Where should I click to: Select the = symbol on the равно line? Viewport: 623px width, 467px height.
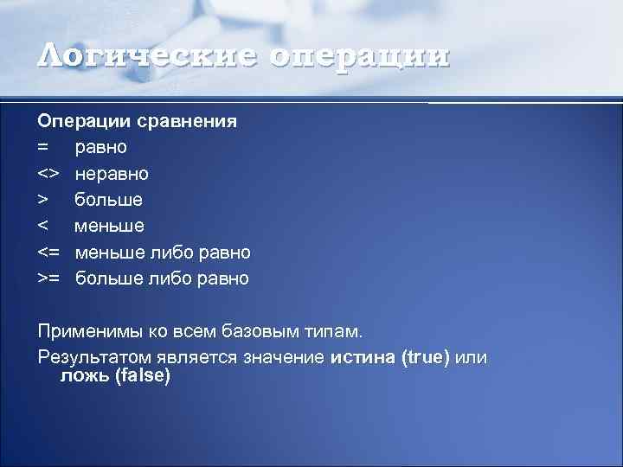point(44,147)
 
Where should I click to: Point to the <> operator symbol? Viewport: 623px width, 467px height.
point(48,174)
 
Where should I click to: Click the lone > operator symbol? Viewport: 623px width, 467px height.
point(43,200)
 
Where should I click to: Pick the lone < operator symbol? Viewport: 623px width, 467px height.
point(43,226)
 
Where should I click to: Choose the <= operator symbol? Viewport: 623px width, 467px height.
point(48,253)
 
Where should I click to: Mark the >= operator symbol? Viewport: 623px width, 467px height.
point(48,278)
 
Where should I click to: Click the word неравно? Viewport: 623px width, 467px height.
point(112,174)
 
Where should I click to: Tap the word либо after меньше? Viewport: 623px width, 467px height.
point(171,253)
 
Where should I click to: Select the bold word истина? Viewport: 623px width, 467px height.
point(363,357)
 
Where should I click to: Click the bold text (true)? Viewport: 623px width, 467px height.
point(427,357)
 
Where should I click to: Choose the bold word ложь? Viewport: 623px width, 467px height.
point(84,376)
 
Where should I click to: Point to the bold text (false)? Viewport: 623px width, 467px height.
point(143,376)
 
